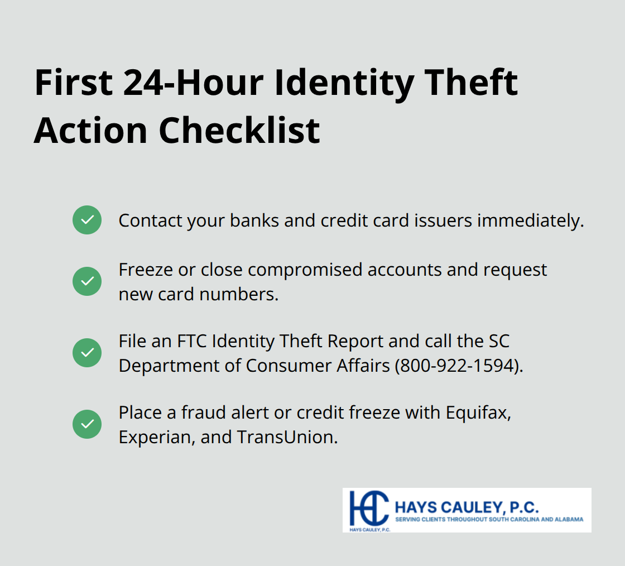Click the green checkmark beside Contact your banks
coord(87,220)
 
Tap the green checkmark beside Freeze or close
coord(87,281)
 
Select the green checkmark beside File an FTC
coord(87,353)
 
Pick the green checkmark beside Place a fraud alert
coord(87,424)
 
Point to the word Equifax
coord(478,412)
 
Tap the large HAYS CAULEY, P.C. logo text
coord(466,507)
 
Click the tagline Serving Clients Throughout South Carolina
coord(489,519)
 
